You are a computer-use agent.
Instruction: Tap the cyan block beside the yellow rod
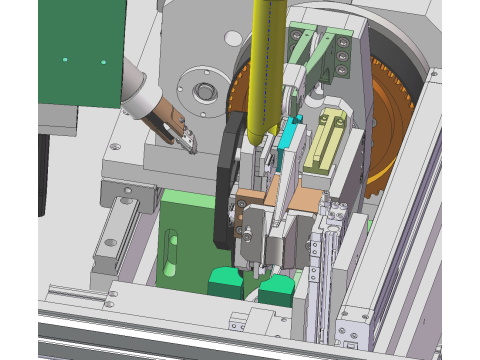pos(291,134)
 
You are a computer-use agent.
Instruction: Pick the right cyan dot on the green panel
pos(102,61)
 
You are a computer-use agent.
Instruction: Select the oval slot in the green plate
pos(170,250)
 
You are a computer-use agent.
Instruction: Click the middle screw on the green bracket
pos(343,58)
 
